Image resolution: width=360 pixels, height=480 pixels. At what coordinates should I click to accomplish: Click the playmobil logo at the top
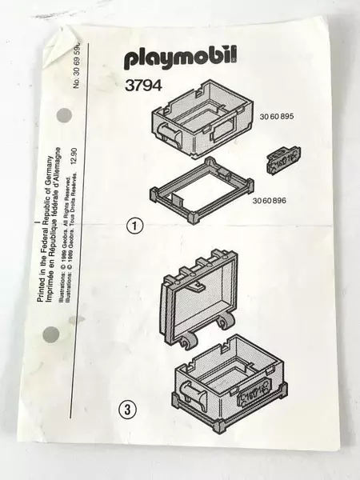(181, 58)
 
